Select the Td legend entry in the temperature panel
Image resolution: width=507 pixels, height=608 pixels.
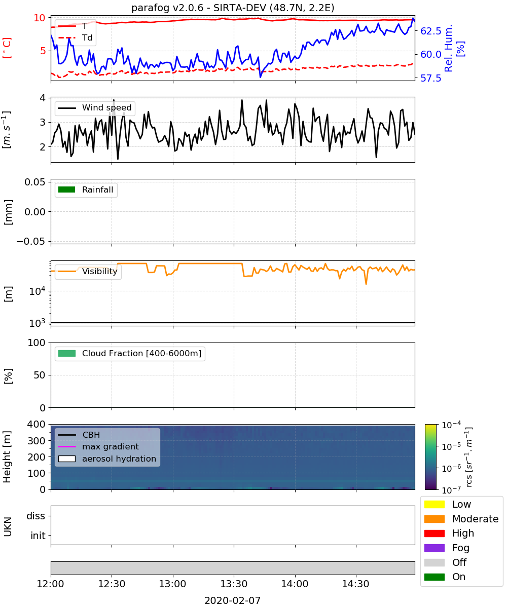point(75,37)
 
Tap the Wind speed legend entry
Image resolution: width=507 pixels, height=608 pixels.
point(95,108)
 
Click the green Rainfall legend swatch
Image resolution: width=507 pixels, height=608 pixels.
point(67,189)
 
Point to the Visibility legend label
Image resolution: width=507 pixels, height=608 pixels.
point(100,271)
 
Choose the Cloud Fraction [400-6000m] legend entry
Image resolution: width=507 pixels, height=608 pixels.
point(130,353)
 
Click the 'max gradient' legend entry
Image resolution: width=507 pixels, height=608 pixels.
point(98,446)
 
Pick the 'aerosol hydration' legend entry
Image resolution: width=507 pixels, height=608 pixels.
point(107,459)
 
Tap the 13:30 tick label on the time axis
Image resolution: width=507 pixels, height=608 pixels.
point(234,584)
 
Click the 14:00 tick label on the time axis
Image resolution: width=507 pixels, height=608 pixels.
point(295,584)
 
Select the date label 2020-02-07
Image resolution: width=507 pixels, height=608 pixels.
point(233,600)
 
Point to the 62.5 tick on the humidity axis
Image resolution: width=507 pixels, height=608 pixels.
point(431,31)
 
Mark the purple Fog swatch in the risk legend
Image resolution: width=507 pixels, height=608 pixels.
point(434,548)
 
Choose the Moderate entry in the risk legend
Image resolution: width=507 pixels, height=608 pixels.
point(461,519)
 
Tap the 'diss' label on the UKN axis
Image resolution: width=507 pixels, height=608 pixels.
point(35,516)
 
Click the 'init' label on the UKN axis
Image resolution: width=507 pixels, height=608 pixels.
point(38,536)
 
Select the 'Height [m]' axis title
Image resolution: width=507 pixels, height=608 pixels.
point(7,457)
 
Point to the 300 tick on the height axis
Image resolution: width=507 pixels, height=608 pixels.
point(37,441)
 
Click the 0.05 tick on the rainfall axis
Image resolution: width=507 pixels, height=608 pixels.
point(35,182)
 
